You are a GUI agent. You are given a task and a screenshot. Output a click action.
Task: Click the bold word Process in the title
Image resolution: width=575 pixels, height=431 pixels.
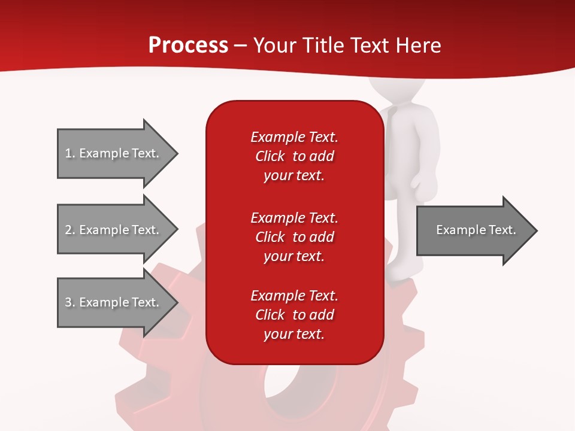(188, 45)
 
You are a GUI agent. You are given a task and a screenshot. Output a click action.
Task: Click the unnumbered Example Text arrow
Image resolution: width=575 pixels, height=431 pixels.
(476, 230)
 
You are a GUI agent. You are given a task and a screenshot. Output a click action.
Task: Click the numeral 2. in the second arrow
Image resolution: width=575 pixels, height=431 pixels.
(70, 230)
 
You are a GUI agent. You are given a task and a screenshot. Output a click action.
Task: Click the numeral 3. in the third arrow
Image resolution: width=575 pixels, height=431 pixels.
(70, 302)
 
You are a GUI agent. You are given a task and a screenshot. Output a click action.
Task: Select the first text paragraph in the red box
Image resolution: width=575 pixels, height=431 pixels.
(294, 156)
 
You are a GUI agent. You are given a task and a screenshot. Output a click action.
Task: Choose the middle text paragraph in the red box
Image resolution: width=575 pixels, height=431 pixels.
(294, 237)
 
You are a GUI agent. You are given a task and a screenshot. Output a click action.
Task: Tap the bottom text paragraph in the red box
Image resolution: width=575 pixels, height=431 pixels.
(294, 315)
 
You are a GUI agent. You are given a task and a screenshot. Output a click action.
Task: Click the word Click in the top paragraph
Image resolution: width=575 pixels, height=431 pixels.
(270, 156)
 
